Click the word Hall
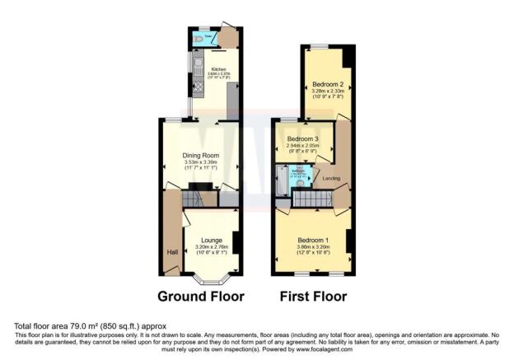[x=172, y=253]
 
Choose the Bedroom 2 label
[x=327, y=83]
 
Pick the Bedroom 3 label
[x=303, y=140]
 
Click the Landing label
[x=331, y=178]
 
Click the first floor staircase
[x=311, y=198]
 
